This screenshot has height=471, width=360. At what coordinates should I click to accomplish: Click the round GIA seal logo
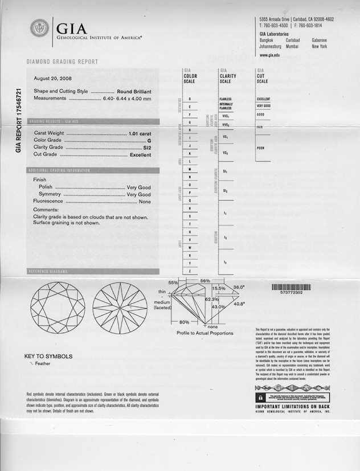coord(39,28)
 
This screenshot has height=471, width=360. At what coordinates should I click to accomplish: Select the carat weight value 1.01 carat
coord(140,133)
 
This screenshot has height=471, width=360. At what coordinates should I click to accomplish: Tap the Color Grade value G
coord(149,140)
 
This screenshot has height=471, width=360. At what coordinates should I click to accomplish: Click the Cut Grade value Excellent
coord(141,154)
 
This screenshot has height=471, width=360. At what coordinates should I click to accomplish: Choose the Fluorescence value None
coord(145,202)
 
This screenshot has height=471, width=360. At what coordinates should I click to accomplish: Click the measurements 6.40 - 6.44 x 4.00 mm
coord(126,99)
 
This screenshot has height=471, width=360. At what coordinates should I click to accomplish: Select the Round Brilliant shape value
coord(134,91)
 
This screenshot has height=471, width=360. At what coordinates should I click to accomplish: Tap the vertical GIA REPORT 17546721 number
coord(19,120)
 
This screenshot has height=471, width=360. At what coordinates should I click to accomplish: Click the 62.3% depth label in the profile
coord(211,299)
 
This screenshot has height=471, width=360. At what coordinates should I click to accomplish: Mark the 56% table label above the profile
coord(205,281)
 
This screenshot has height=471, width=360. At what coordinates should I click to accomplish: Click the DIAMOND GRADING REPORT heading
coord(63,62)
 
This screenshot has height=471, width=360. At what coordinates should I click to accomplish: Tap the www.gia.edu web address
coord(270,55)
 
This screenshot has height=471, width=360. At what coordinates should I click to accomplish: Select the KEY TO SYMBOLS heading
coord(48,357)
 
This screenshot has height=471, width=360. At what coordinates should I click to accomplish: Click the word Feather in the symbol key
coord(43,363)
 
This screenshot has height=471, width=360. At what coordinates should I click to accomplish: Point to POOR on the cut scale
coord(261,148)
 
